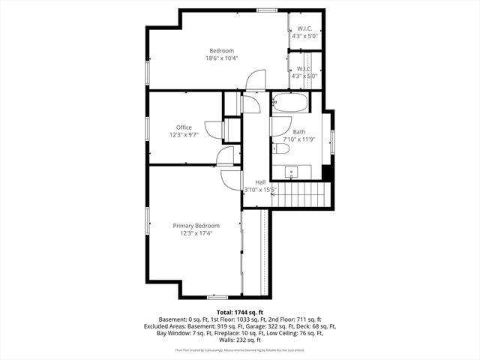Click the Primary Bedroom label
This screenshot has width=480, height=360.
[x=196, y=226]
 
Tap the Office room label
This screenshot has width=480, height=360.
[x=184, y=127]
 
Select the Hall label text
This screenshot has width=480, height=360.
[x=260, y=182]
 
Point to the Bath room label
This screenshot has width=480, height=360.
[x=299, y=132]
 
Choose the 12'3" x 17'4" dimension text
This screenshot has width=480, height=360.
[x=196, y=234]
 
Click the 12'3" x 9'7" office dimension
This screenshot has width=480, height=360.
[x=184, y=136]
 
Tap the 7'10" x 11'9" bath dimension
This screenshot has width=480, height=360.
[x=299, y=139]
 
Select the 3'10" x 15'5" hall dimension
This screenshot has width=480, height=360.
[x=260, y=190]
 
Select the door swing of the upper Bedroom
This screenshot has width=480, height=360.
[x=257, y=79]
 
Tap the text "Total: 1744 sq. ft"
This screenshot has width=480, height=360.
[x=240, y=311]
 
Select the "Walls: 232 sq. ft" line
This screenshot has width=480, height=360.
[x=240, y=341]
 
